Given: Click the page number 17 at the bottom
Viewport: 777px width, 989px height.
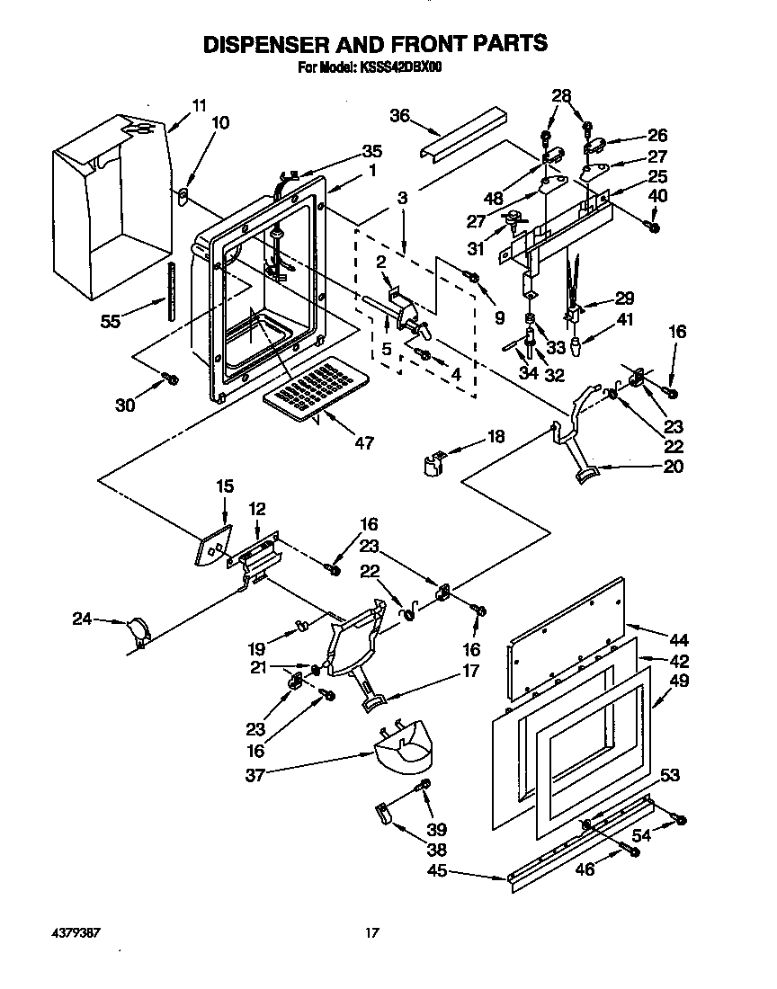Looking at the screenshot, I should (x=371, y=933).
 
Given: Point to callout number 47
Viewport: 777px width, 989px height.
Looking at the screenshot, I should (x=364, y=442).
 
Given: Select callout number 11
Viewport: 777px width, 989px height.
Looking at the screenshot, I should (x=199, y=105).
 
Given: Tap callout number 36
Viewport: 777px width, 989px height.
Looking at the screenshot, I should (x=400, y=114).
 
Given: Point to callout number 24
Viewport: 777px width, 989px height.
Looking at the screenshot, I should (x=82, y=619).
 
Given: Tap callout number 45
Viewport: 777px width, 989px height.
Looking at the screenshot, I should (x=435, y=871).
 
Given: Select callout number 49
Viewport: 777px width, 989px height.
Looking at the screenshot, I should (x=680, y=681).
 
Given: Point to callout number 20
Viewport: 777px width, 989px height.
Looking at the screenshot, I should (x=672, y=466).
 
